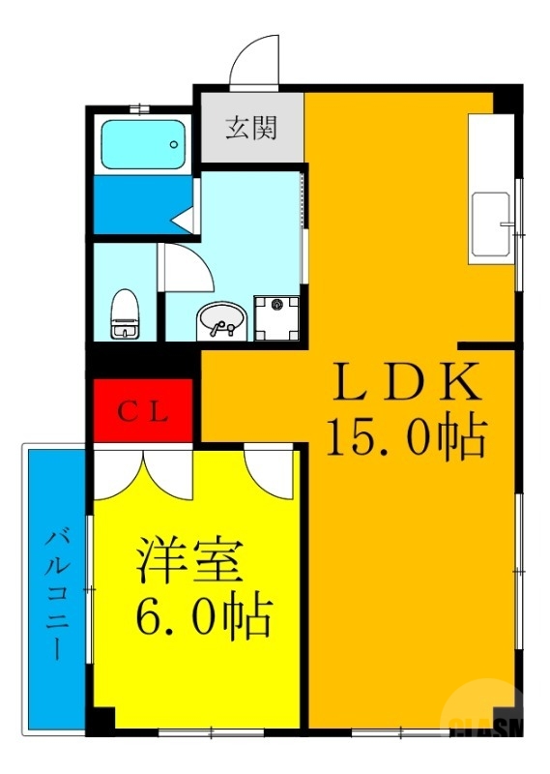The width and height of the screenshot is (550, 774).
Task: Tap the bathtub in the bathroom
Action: coord(142,145)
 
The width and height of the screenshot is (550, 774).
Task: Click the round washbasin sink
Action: coord(219,319)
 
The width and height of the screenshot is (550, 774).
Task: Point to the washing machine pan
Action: coord(277,317)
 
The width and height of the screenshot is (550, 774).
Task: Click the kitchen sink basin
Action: coord(490,224)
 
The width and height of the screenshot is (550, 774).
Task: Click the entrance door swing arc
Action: coord(254,60)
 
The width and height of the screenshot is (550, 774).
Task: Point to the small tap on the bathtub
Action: coord(175,146)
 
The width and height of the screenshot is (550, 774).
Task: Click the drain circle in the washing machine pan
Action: coord(277,305)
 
